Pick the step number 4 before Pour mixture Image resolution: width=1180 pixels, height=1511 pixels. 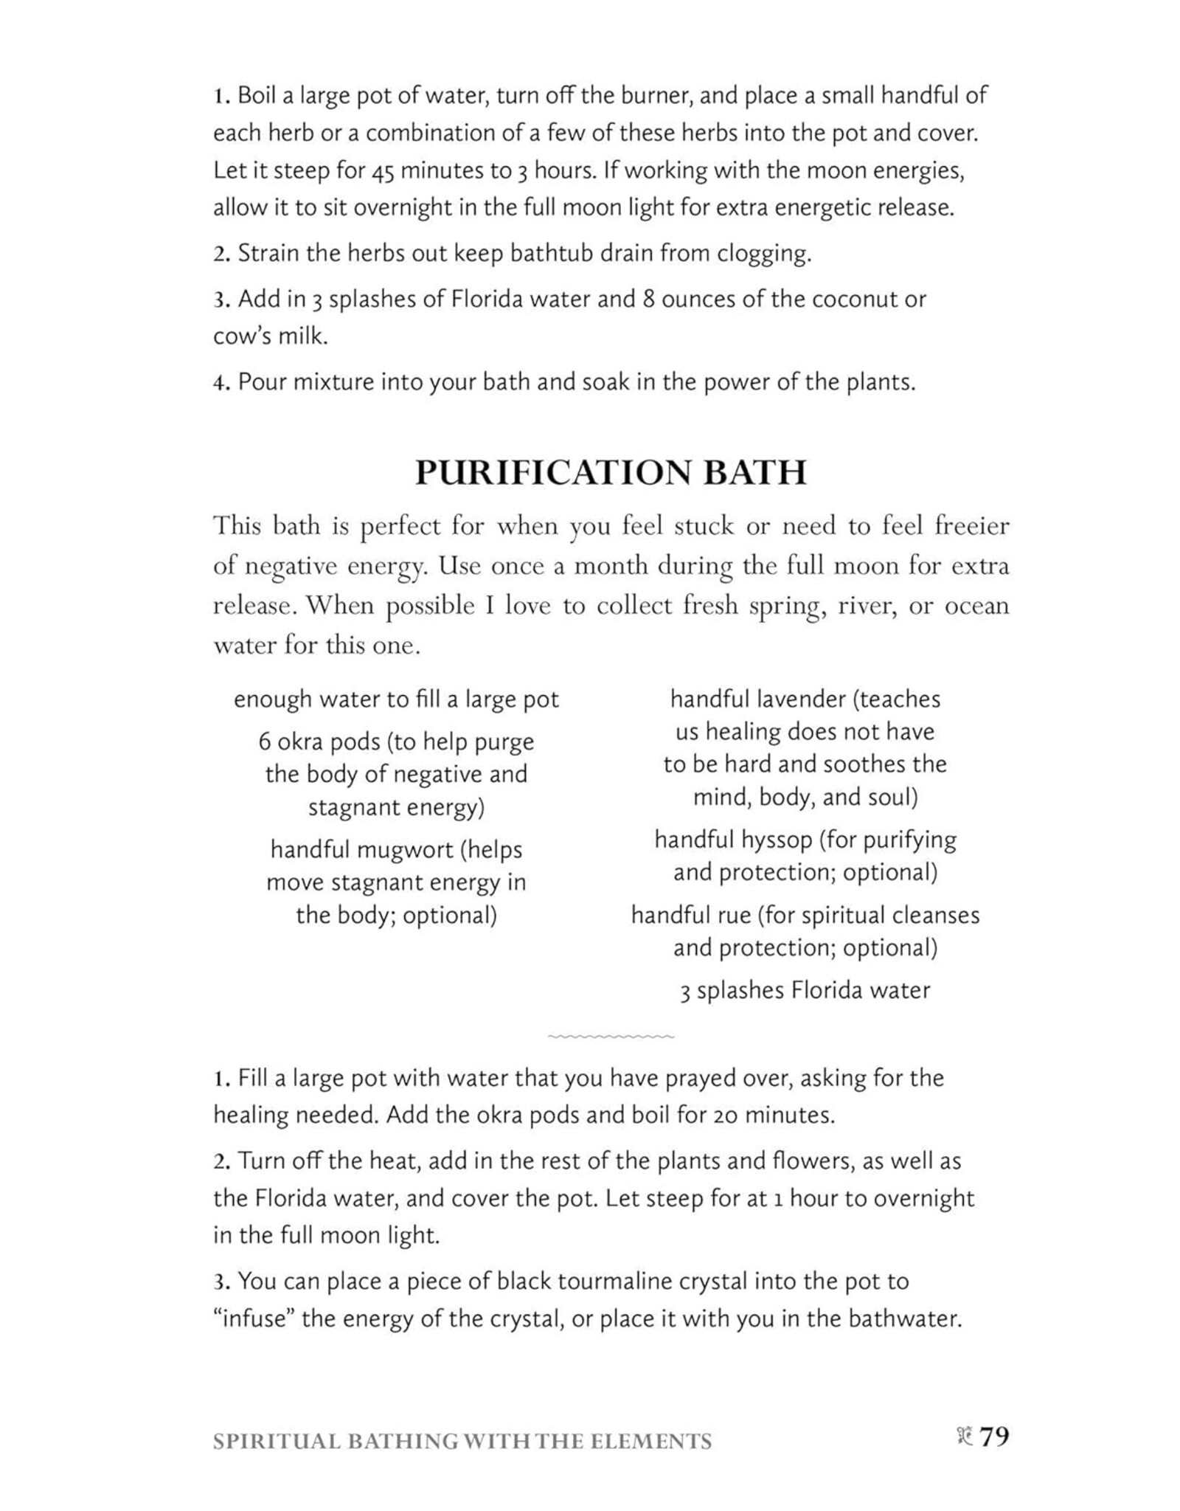pos(218,383)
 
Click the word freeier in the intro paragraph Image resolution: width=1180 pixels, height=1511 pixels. pos(971,526)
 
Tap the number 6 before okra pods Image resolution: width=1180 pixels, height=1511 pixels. pos(264,741)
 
